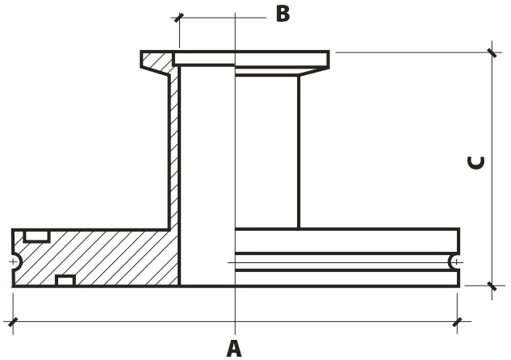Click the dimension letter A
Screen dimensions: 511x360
[x=234, y=348]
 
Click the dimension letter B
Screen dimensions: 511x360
[x=283, y=14]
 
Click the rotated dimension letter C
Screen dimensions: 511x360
[x=475, y=163]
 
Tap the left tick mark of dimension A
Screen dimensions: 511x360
[x=13, y=322]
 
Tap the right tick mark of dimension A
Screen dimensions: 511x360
[x=457, y=322]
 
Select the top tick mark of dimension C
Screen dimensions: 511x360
[x=492, y=52]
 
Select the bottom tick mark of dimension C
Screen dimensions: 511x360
[x=492, y=286]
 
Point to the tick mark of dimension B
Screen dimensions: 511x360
[x=179, y=18]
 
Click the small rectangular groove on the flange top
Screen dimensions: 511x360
[x=36, y=237]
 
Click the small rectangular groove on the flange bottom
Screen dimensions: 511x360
[x=65, y=281]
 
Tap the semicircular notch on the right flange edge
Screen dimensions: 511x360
[x=454, y=262]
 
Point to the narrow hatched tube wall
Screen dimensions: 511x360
[x=174, y=147]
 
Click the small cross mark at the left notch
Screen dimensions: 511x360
[x=13, y=262]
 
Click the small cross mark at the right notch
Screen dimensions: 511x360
[x=457, y=262]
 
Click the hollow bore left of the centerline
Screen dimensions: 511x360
[x=207, y=176]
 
